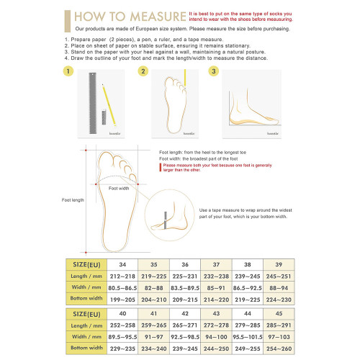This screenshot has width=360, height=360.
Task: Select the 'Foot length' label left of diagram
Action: pyautogui.click(x=73, y=199)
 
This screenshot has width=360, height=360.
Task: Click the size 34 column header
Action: pyautogui.click(x=122, y=264)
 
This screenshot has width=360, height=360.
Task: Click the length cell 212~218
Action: pyautogui.click(x=122, y=276)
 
